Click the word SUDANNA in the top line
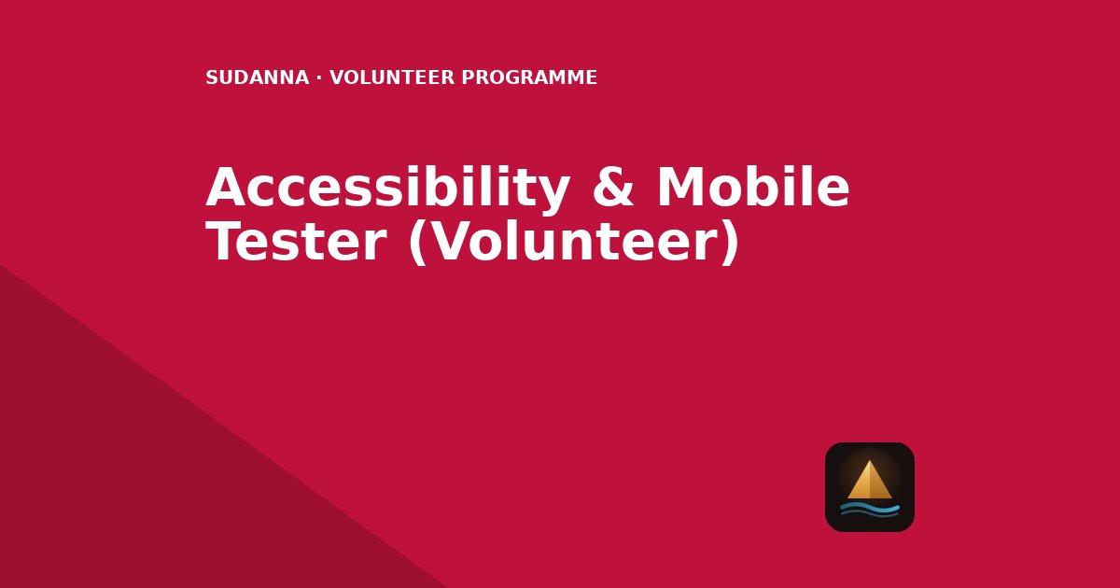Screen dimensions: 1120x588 [x=257, y=77]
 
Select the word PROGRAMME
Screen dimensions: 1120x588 [x=529, y=77]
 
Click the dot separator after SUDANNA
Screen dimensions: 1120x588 [x=319, y=78]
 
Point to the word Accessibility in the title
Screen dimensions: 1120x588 [x=387, y=188]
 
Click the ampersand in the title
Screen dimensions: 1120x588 [x=613, y=187]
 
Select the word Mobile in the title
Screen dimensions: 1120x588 [x=753, y=186]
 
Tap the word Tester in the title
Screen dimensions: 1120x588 [x=296, y=242]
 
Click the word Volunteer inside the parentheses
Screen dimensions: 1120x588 [x=573, y=242]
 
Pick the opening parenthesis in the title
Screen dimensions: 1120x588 [x=418, y=243]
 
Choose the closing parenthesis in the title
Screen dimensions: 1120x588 [x=729, y=243]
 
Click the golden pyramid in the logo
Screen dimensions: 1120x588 [x=870, y=480]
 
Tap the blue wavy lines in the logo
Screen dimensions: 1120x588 [x=870, y=510]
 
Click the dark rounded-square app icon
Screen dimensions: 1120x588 [x=870, y=487]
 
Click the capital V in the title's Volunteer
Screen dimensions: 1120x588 [x=453, y=241]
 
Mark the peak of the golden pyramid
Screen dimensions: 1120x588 [x=870, y=460]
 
